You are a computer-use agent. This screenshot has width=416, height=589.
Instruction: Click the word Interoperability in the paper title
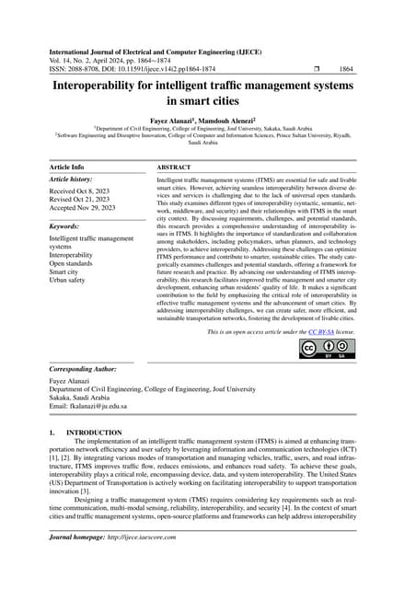(x=114, y=87)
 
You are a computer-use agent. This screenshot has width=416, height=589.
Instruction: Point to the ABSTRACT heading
(x=174, y=167)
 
